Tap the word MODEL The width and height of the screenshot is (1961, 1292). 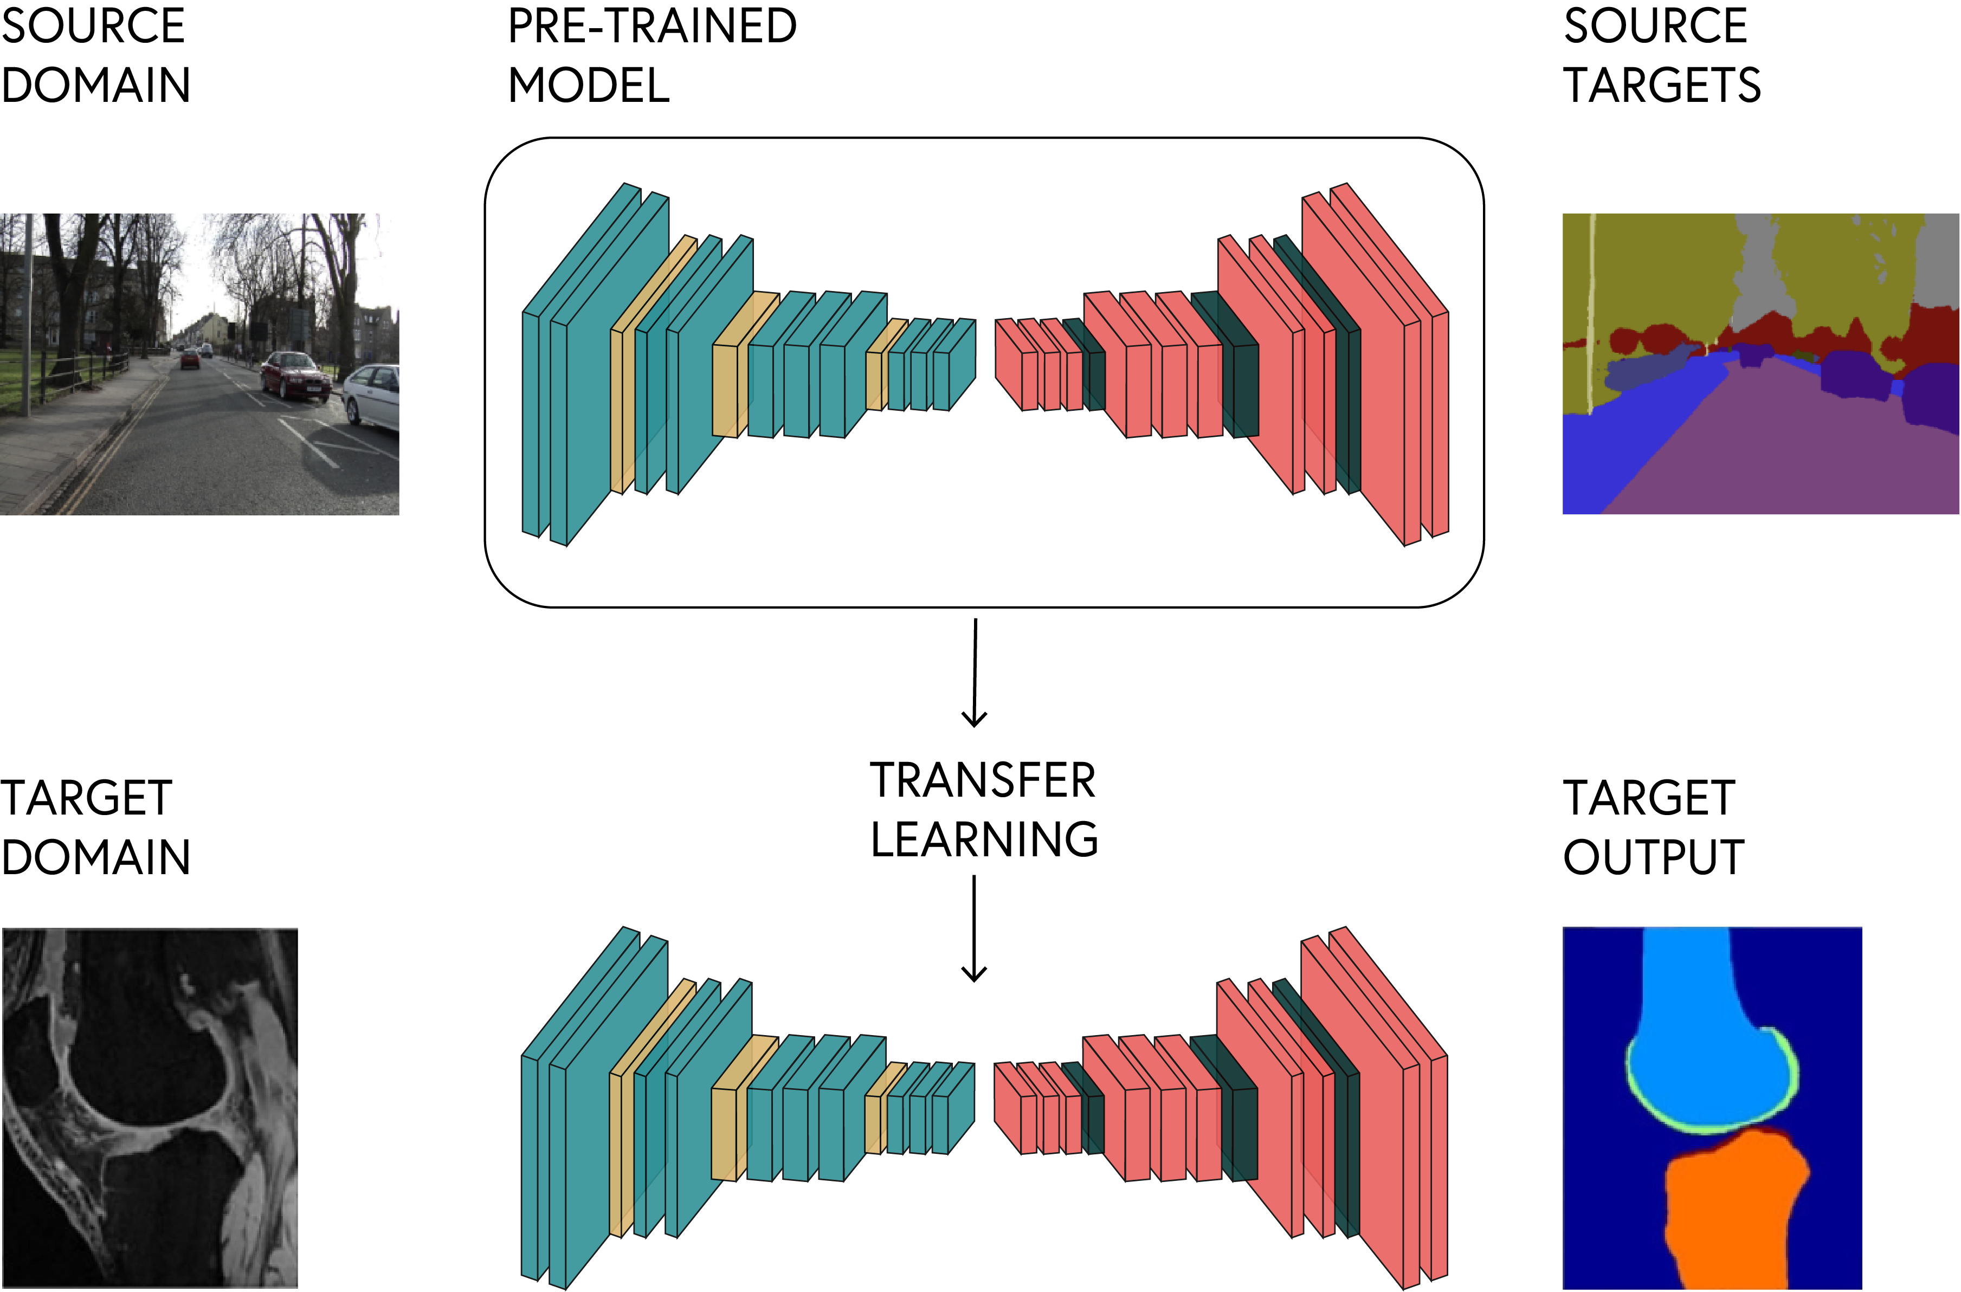pos(588,86)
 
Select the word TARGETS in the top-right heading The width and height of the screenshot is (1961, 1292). pos(1661,86)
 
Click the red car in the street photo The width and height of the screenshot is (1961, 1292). pos(294,376)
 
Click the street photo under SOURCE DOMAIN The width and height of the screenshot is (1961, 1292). pos(199,364)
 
